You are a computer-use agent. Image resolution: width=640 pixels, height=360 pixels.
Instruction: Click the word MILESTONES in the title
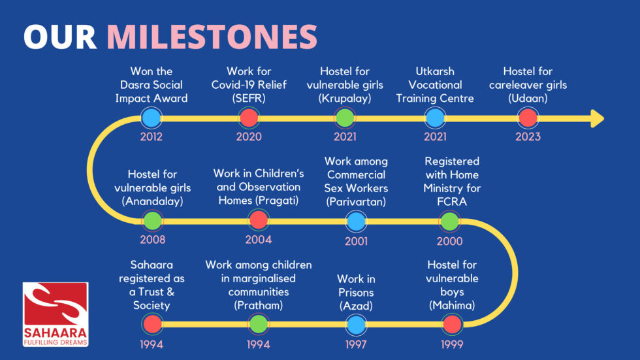(212, 37)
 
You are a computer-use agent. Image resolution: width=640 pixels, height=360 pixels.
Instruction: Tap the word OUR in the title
(60, 37)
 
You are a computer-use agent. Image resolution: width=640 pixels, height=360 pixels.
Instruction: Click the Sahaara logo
(56, 314)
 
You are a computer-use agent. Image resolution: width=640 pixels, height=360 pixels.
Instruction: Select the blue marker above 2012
(152, 118)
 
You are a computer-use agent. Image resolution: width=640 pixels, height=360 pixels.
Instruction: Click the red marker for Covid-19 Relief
(249, 118)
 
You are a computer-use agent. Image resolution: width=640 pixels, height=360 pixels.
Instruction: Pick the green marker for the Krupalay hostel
(345, 118)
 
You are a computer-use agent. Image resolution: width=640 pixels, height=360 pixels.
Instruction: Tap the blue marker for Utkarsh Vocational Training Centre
(435, 118)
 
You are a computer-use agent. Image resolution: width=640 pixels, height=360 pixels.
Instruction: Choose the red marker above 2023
(528, 118)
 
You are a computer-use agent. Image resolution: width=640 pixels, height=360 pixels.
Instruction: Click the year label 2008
(153, 240)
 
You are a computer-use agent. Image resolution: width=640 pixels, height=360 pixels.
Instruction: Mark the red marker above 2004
(259, 220)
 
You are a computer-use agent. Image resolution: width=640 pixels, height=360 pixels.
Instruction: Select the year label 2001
(357, 241)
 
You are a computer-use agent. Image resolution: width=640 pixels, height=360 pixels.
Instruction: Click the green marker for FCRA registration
(450, 221)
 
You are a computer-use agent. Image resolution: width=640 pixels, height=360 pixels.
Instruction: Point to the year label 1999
(452, 344)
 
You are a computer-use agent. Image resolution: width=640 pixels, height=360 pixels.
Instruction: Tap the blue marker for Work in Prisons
(357, 325)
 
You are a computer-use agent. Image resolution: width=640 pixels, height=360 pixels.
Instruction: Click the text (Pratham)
(259, 305)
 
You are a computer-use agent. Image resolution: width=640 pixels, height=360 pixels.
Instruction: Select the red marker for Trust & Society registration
(152, 324)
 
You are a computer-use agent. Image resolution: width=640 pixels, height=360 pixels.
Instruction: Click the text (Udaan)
(528, 99)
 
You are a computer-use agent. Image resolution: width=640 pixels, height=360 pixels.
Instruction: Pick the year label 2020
(249, 137)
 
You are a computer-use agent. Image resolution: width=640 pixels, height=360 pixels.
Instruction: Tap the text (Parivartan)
(356, 202)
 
